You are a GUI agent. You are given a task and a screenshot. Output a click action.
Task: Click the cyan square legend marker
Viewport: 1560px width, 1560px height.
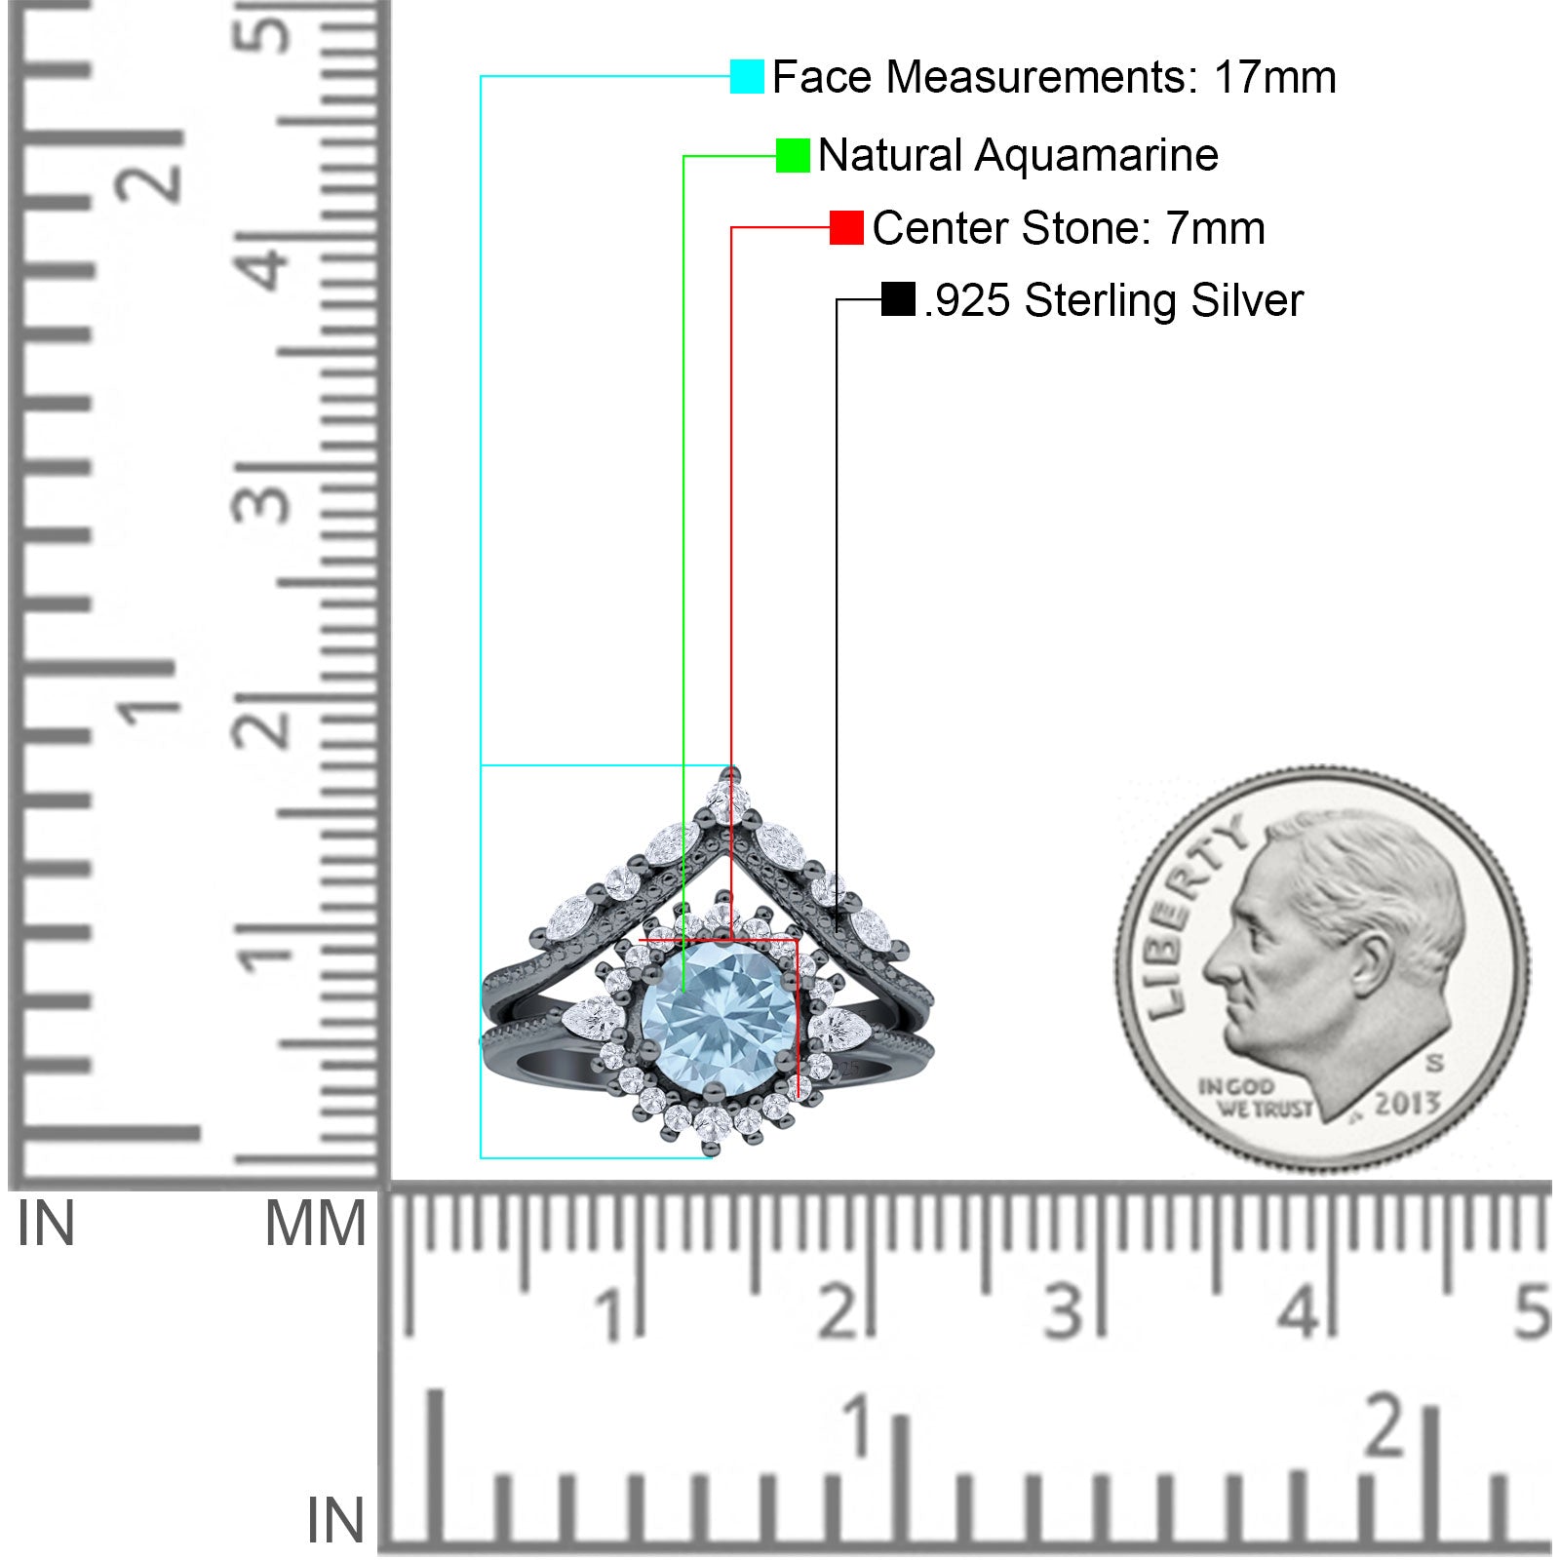pos(747,77)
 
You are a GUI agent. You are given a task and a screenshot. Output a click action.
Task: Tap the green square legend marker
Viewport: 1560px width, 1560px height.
pos(793,155)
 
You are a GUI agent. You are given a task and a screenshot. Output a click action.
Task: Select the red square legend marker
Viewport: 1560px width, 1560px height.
pos(846,228)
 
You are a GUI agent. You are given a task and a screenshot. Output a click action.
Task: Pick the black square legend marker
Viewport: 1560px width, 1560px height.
pos(898,299)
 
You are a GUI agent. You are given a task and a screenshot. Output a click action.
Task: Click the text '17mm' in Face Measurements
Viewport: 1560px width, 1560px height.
pos(1274,77)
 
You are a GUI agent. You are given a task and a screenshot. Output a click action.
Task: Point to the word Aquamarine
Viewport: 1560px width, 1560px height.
pos(1096,155)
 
